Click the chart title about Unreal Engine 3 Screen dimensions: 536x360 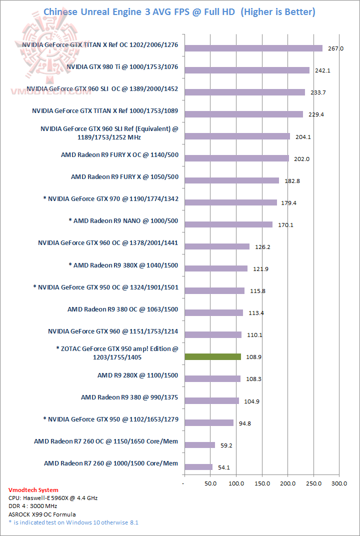click(x=179, y=11)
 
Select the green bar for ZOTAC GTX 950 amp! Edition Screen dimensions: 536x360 click(x=212, y=356)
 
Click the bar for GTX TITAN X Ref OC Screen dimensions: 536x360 click(x=253, y=48)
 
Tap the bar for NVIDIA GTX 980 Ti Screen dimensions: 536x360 click(x=247, y=70)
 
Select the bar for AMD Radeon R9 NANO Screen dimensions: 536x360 click(x=228, y=224)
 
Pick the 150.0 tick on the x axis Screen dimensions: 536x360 click(x=262, y=484)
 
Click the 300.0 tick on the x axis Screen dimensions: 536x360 click(x=339, y=484)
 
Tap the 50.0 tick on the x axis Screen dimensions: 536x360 click(x=210, y=484)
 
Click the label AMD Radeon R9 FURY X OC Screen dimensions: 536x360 click(x=119, y=154)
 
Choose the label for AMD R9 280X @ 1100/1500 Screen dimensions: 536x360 click(x=137, y=375)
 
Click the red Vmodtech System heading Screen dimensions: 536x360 click(x=33, y=490)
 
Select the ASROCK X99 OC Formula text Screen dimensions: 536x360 click(x=42, y=514)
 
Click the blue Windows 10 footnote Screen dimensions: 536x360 click(x=73, y=522)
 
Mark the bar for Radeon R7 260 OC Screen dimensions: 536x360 click(x=199, y=444)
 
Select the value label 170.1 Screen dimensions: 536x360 click(x=285, y=225)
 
